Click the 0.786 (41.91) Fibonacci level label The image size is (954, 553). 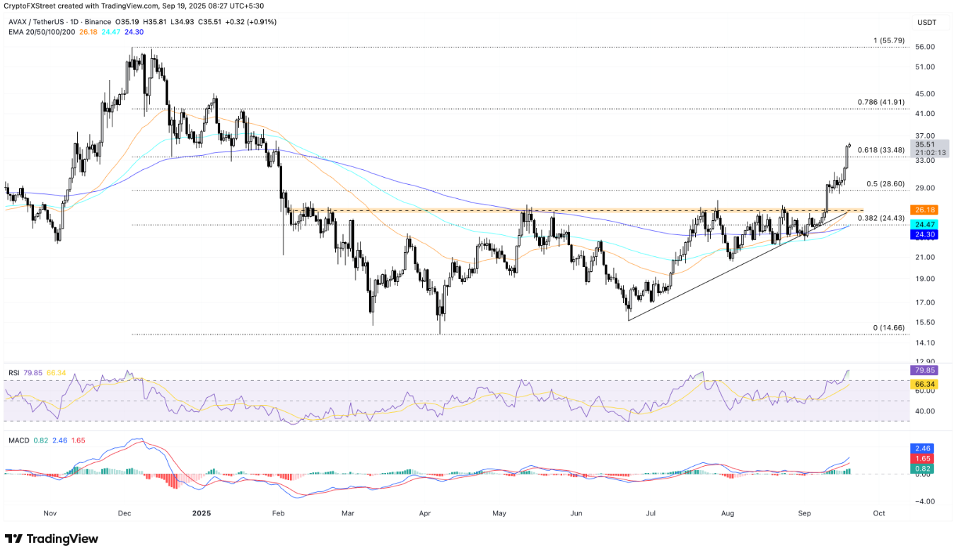[880, 102]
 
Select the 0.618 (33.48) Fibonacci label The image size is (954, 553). [880, 150]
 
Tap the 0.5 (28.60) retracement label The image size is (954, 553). [885, 184]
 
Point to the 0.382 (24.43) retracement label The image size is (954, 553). [880, 218]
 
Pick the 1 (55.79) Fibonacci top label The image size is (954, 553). [889, 40]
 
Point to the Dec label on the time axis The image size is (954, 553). [125, 513]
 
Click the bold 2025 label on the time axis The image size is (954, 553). [202, 513]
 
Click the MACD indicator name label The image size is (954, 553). [20, 440]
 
